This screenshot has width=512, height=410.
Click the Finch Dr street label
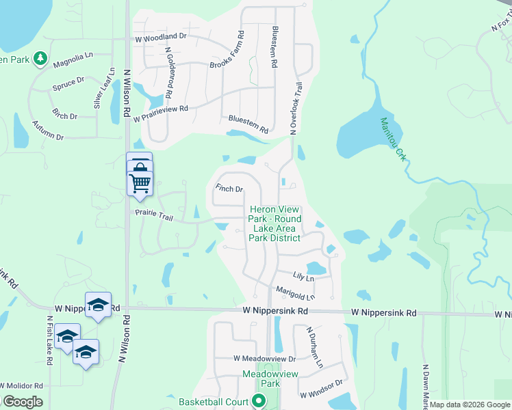(x=229, y=189)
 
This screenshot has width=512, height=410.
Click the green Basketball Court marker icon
(x=258, y=401)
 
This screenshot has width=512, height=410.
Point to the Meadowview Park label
(x=261, y=379)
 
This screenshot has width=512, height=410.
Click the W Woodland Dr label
(x=161, y=36)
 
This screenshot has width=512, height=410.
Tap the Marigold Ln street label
(x=295, y=292)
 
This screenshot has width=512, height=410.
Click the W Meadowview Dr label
(x=264, y=358)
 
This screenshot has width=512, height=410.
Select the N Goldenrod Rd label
(x=169, y=71)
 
